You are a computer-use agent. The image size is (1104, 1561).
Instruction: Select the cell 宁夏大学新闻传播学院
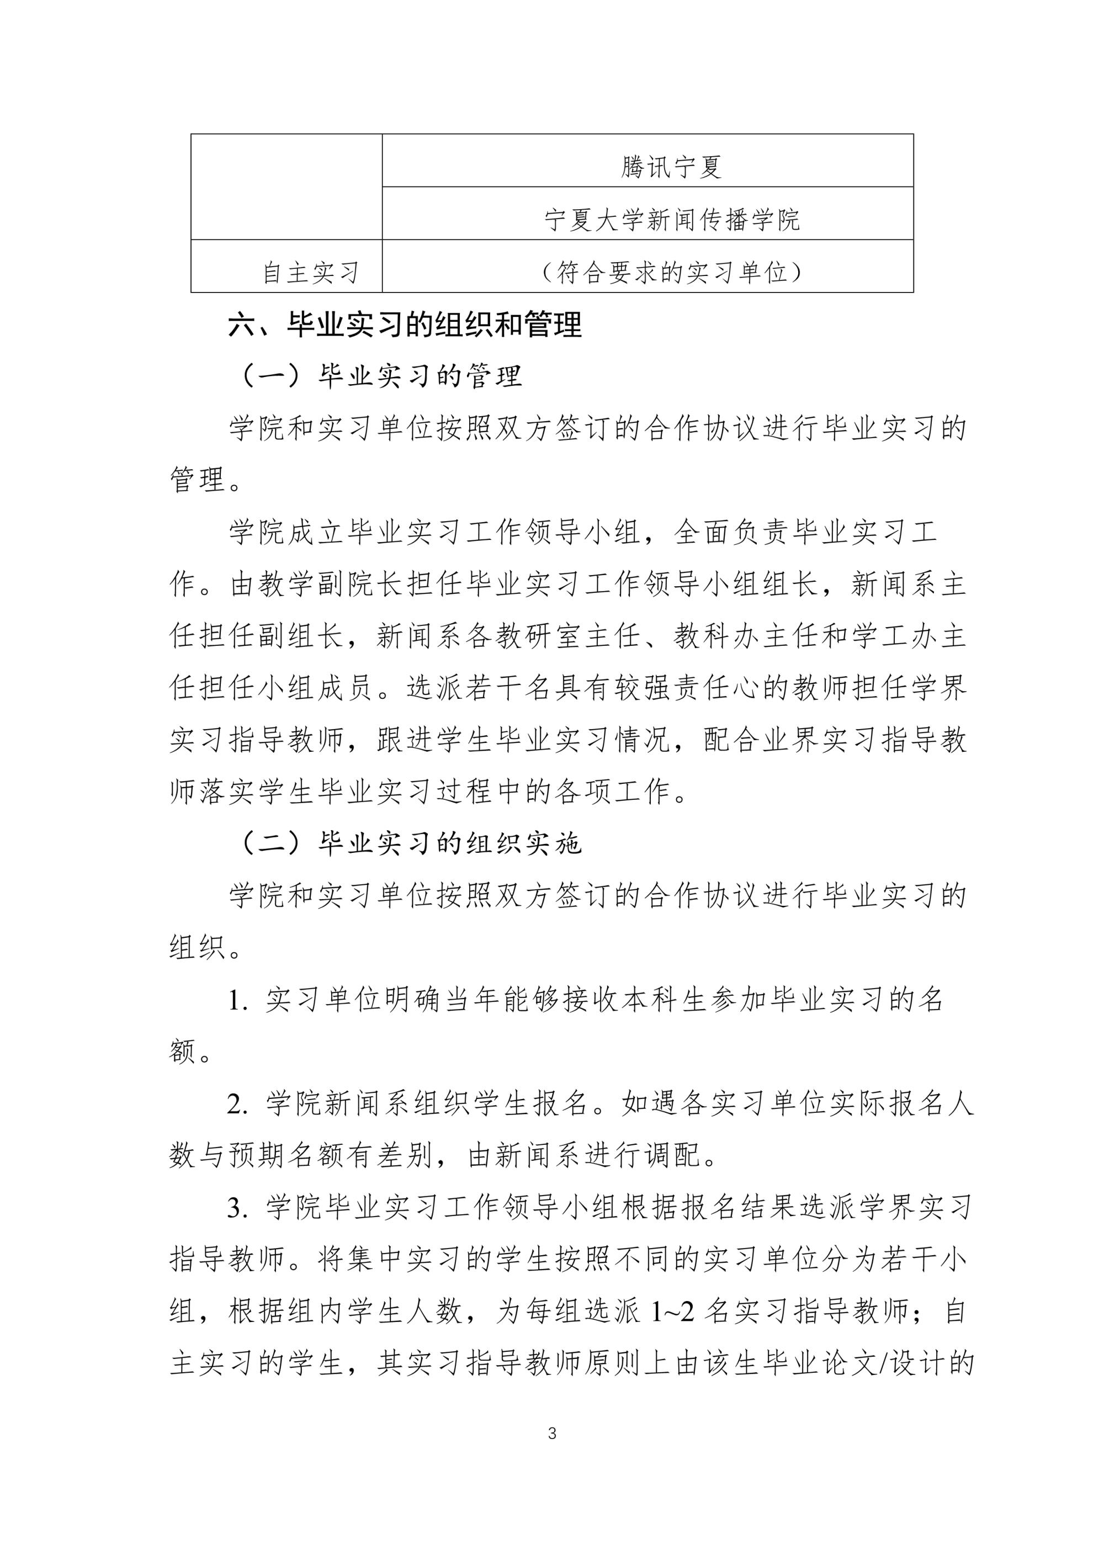coord(672,220)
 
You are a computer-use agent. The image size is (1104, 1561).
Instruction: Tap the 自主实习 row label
coord(311,273)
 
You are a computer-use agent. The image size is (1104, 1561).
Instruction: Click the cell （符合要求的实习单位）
coord(672,273)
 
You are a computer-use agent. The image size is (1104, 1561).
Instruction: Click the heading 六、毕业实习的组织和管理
coord(405,325)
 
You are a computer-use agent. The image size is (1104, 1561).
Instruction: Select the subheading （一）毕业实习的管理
coord(381,376)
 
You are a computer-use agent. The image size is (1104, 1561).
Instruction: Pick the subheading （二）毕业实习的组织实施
coord(410,844)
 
